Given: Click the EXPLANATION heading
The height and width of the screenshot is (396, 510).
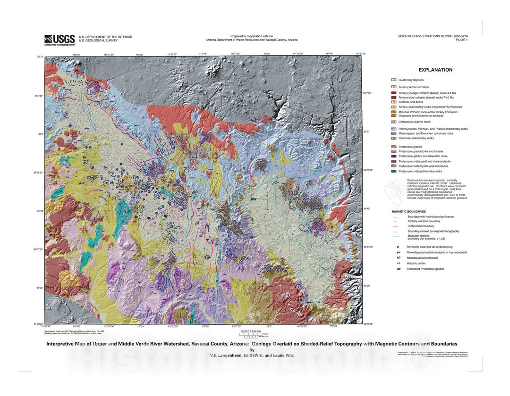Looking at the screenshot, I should point(435,70).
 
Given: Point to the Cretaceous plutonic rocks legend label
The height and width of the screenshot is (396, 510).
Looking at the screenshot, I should point(414,122).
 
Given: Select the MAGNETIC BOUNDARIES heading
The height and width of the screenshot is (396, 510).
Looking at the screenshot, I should point(408,212).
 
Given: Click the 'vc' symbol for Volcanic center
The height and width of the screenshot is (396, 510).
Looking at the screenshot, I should point(399,264).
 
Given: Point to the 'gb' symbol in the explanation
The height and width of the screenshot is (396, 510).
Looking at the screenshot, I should point(399,269).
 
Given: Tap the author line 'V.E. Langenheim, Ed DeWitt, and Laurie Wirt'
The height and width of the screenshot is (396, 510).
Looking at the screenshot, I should point(252,355).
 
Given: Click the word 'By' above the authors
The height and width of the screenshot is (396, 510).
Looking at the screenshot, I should point(252,350).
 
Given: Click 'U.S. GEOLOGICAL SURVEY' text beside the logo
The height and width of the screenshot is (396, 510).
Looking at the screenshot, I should point(98,41).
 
